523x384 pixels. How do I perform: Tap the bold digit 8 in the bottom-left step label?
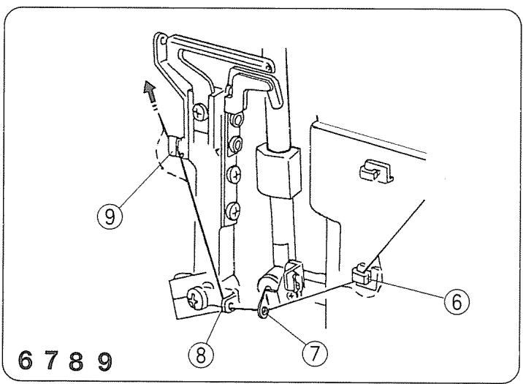pyautogui.click(x=77, y=361)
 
